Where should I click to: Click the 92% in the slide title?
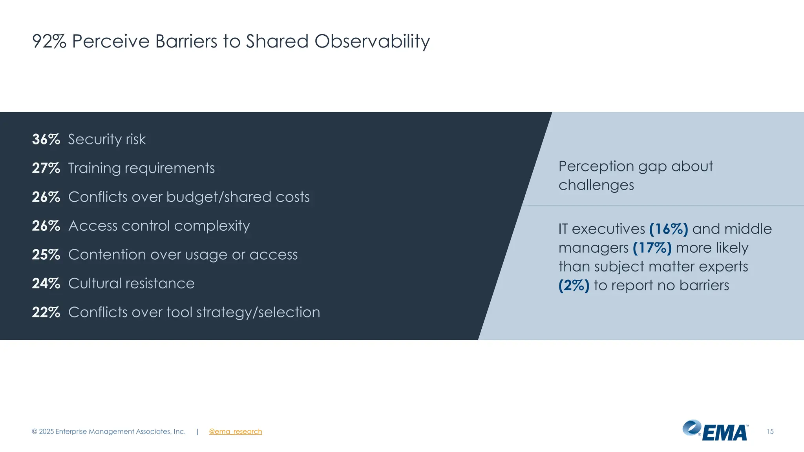[49, 41]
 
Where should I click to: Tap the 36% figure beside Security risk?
[46, 139]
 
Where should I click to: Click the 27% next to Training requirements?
[46, 168]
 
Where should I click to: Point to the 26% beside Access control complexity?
[46, 226]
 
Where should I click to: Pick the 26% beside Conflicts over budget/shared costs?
[46, 197]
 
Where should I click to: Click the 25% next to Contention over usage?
[46, 255]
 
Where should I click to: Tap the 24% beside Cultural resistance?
[46, 283]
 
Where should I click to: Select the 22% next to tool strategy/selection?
[46, 312]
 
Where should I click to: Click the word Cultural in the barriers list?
[95, 283]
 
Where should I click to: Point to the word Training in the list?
[94, 168]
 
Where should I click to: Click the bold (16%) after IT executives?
[668, 229]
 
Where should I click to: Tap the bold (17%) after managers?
[652, 248]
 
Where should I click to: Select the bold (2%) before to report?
[574, 285]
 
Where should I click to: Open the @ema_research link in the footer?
[235, 432]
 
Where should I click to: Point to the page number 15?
[770, 432]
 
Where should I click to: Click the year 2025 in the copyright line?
[46, 432]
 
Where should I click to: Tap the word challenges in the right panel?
[596, 185]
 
